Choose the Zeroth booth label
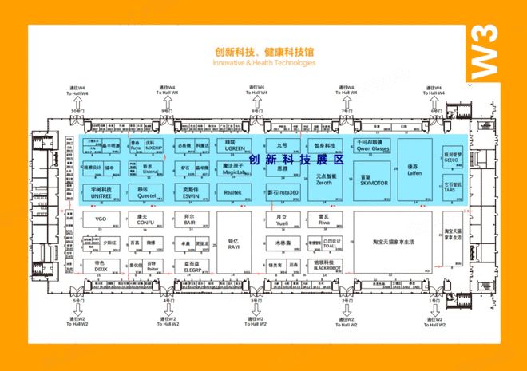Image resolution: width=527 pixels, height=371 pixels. [x=325, y=180]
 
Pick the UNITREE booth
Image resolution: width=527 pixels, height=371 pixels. [x=100, y=193]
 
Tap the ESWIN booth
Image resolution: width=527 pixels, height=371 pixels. [x=192, y=193]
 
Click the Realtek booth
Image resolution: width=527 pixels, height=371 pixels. [x=233, y=192]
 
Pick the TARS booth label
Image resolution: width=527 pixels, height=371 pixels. [x=451, y=191]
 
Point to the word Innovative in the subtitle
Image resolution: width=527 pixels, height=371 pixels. [x=231, y=61]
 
